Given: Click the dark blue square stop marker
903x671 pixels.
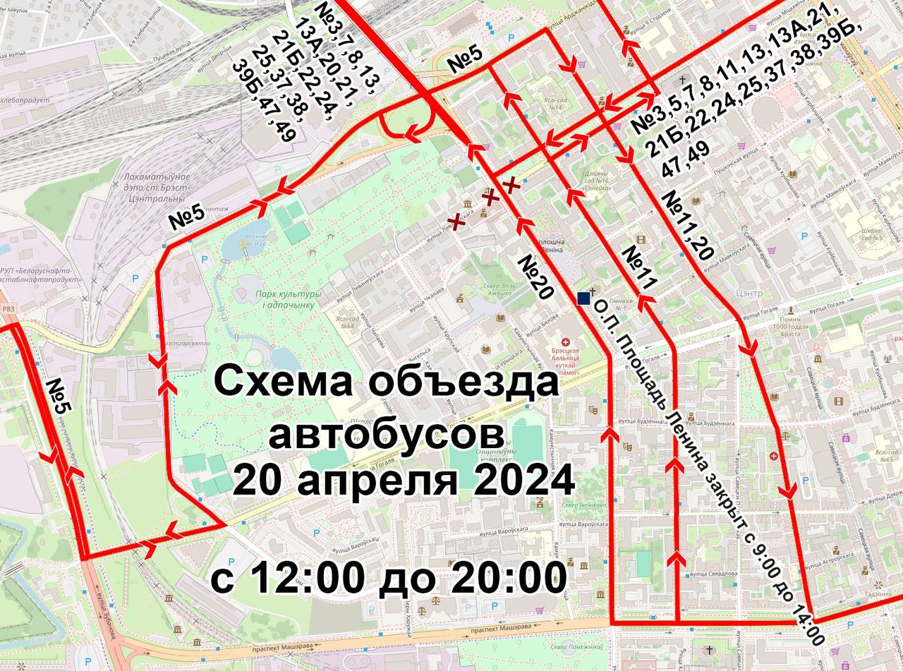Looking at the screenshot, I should point(583,298).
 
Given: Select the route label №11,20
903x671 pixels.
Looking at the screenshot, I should point(689,225).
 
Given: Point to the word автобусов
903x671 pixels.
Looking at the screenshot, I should point(387,433).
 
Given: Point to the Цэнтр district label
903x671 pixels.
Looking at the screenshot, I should point(749,293).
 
